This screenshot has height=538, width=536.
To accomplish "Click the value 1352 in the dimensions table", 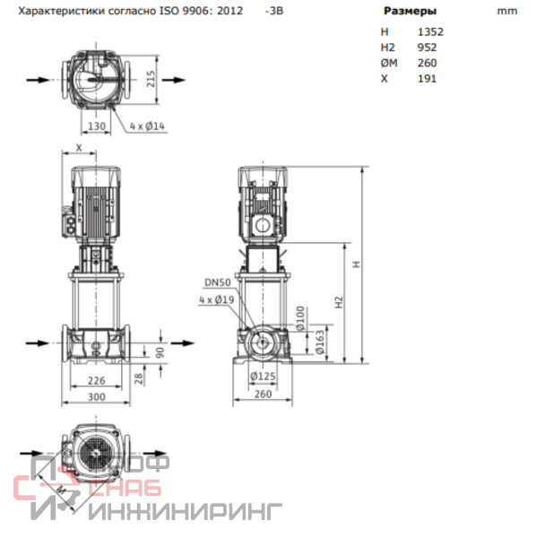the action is click(x=430, y=32).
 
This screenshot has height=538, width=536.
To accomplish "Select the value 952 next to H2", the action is click(x=427, y=48).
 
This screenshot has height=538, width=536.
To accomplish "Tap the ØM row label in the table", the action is click(x=389, y=63).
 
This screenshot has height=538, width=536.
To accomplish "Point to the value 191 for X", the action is click(x=427, y=79).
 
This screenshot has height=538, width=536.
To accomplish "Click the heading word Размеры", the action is click(x=410, y=11).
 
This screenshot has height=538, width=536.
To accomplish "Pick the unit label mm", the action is click(x=507, y=12).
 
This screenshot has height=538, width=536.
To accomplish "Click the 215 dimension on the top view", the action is click(x=151, y=79).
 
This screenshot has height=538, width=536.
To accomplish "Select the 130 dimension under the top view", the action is click(x=97, y=126).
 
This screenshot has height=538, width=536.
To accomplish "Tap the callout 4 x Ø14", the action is click(x=147, y=126).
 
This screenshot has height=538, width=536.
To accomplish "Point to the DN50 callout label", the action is click(x=218, y=282).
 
